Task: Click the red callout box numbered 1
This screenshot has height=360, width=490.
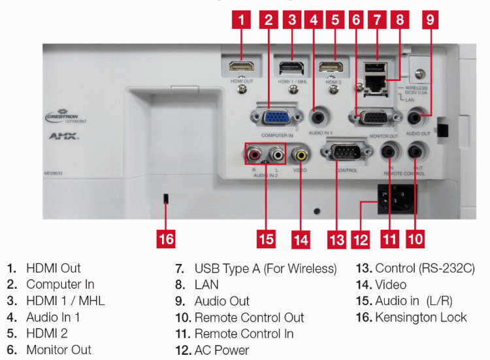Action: (241, 20)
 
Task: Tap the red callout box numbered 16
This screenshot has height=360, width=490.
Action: (166, 238)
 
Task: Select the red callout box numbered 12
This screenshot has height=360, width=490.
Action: (362, 238)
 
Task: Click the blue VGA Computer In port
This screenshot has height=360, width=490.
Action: (276, 118)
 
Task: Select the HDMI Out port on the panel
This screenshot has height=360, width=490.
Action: (241, 67)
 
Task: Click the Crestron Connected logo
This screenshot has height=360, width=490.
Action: (66, 117)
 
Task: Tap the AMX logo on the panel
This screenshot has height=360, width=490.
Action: (64, 137)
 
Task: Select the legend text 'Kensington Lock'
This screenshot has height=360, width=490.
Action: (421, 318)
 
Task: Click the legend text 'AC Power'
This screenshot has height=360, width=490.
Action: (221, 350)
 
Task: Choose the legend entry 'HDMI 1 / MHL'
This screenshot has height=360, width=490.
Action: (65, 301)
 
